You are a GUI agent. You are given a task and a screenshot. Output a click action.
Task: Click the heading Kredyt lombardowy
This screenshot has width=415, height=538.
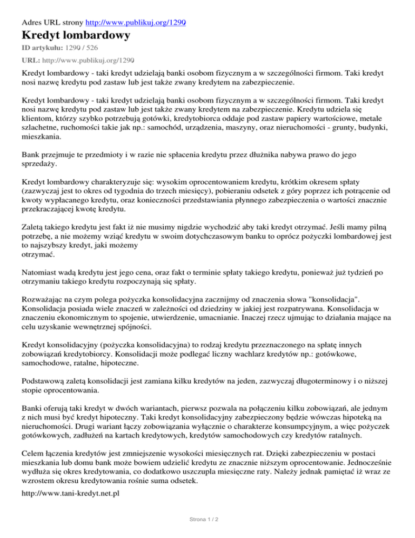pyautogui.click(x=76, y=36)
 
